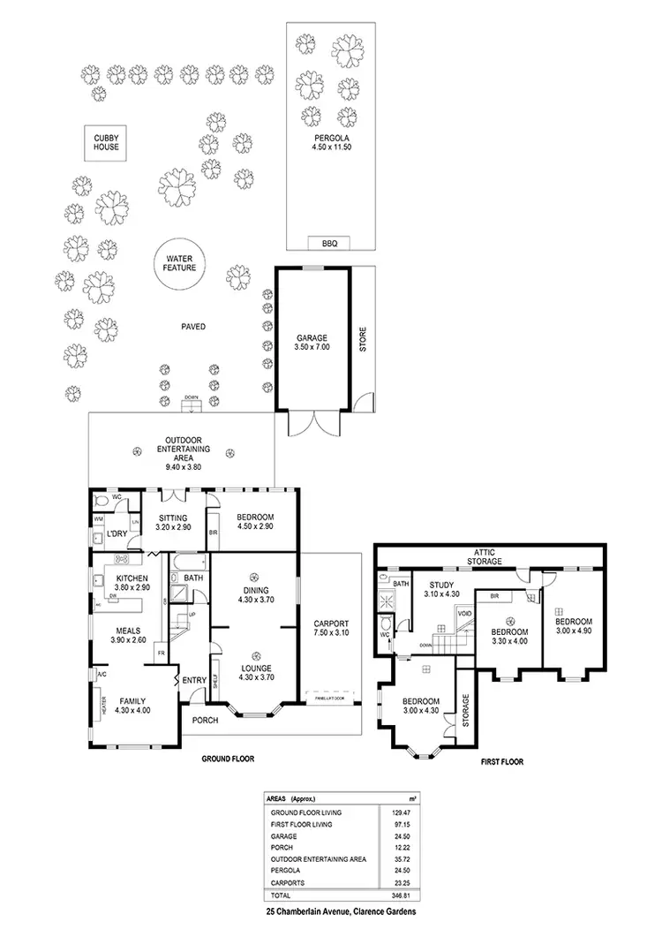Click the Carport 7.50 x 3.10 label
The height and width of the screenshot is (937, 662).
click(x=331, y=629)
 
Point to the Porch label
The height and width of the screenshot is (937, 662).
click(x=206, y=719)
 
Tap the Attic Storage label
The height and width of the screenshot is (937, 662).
click(x=485, y=556)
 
